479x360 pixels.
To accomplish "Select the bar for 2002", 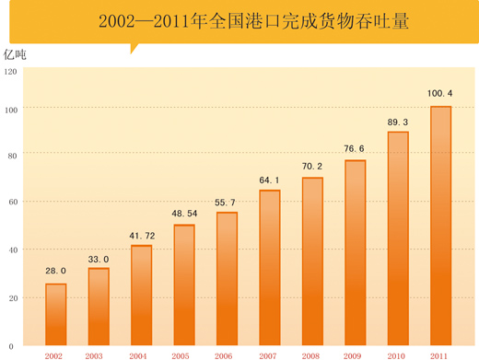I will (56, 315).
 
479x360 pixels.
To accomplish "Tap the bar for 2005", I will (184, 285).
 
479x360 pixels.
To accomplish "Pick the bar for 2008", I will (312, 262).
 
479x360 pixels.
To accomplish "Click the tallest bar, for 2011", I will (440, 226).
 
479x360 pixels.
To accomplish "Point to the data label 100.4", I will (440, 93).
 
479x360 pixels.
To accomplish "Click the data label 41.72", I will (142, 237).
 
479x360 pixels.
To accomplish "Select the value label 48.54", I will (184, 215).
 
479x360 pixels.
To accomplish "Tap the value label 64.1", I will (270, 180).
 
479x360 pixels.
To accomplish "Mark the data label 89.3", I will (398, 122).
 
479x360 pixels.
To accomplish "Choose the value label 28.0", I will (56, 271).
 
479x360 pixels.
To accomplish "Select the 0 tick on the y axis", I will (11, 346).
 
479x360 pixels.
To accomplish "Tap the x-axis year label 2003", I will (94, 354).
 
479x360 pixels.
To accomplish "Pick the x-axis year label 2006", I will (224, 354).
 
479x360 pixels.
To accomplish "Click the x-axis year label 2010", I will (397, 354).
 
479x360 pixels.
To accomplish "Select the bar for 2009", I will (356, 253).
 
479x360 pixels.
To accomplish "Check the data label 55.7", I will (227, 203).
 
